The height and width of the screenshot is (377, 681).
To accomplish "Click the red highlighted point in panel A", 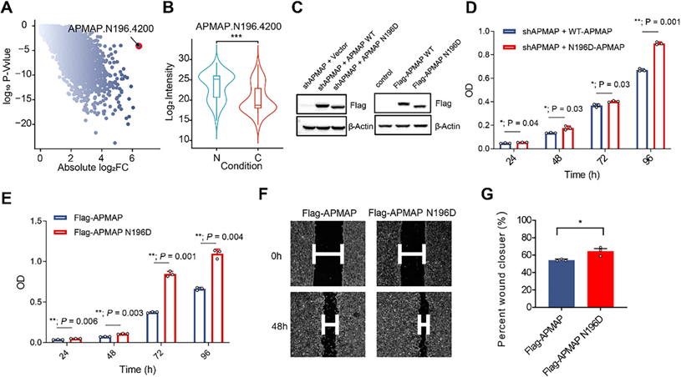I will click(x=139, y=47).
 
